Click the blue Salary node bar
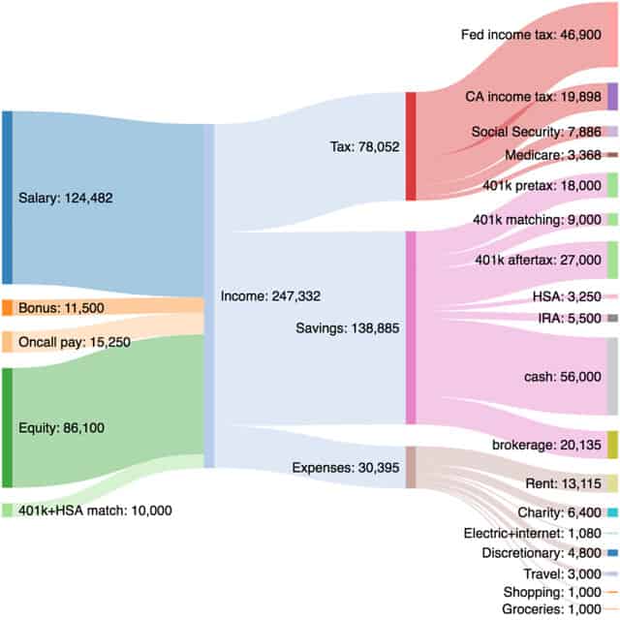[7, 198]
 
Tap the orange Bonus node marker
[7, 308]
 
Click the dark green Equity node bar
[7, 427]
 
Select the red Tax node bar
[411, 146]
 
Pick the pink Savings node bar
[411, 327]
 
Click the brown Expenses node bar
[411, 468]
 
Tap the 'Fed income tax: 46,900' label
[537, 34]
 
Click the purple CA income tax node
[612, 97]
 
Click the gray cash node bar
[612, 377]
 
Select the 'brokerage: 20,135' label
[542, 445]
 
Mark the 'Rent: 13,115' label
[563, 483]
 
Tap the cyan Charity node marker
[612, 512]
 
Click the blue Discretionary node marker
[612, 553]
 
